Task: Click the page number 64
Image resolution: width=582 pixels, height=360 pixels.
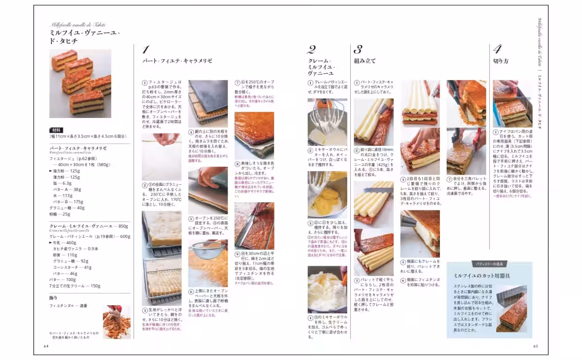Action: (47, 346)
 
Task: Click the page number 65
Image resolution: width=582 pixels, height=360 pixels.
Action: (535, 346)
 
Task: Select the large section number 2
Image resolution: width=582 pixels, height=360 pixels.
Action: (311, 49)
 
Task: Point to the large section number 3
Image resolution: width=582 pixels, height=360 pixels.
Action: (358, 49)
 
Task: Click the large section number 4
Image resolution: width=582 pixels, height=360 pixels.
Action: (497, 49)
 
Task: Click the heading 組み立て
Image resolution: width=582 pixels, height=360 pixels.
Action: (365, 61)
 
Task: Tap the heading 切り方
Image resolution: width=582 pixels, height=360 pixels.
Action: (501, 61)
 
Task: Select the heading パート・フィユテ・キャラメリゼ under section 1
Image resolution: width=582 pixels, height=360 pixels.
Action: (177, 61)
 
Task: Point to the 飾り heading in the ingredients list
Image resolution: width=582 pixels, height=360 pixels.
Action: (53, 297)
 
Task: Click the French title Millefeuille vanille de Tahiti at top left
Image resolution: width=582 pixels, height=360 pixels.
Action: (78, 25)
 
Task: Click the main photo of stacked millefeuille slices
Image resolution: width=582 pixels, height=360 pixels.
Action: (80, 83)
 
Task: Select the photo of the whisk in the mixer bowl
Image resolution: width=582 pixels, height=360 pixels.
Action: (327, 122)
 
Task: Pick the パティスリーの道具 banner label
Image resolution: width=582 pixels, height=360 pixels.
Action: (489, 263)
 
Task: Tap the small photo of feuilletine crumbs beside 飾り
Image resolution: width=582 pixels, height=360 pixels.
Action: (116, 321)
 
